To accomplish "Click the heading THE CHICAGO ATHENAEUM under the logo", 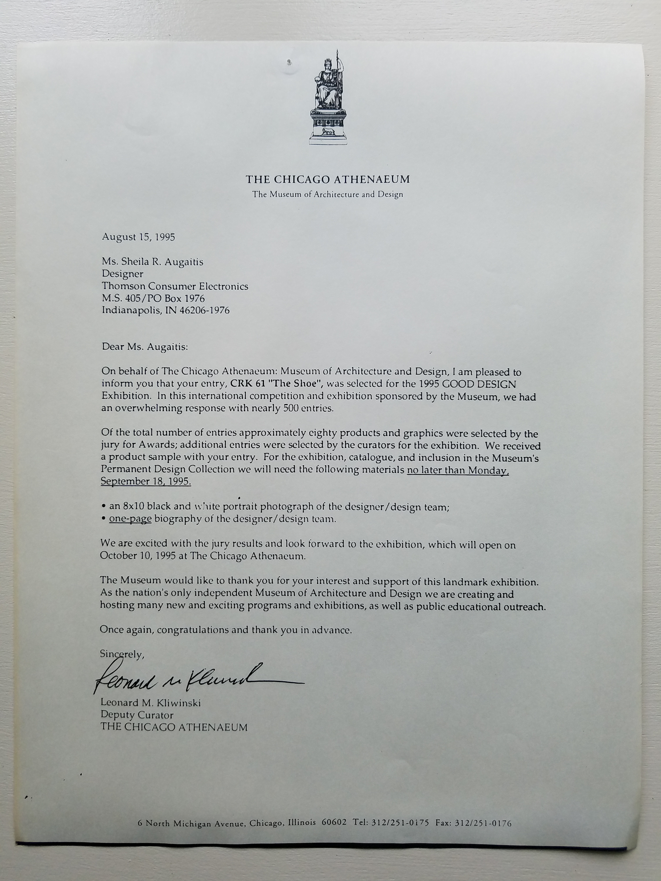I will point(327,180).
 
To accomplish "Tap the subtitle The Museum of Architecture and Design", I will point(327,195).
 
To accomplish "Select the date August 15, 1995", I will point(138,237).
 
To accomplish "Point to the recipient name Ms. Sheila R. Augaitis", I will point(153,262).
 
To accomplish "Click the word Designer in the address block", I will point(122,274).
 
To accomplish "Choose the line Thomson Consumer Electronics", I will point(175,286).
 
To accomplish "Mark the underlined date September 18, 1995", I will point(146,482).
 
